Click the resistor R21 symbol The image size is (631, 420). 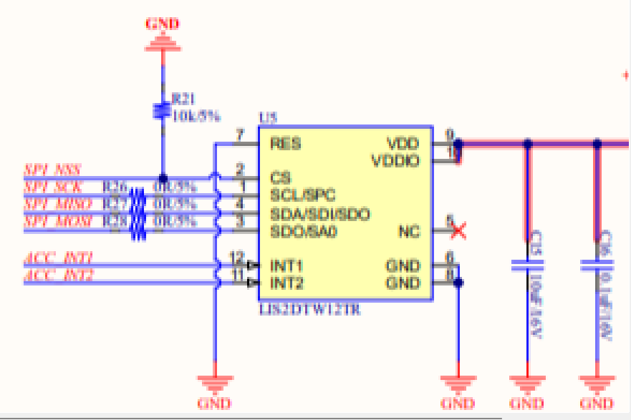pos(162,111)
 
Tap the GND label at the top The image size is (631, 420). pos(163,24)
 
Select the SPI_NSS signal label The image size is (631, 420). pos(52,170)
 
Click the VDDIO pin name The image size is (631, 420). pos(395,160)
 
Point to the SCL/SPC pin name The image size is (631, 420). pos(303,195)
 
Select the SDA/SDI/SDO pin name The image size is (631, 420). pos(319,214)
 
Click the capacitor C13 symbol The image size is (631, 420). pos(527,265)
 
